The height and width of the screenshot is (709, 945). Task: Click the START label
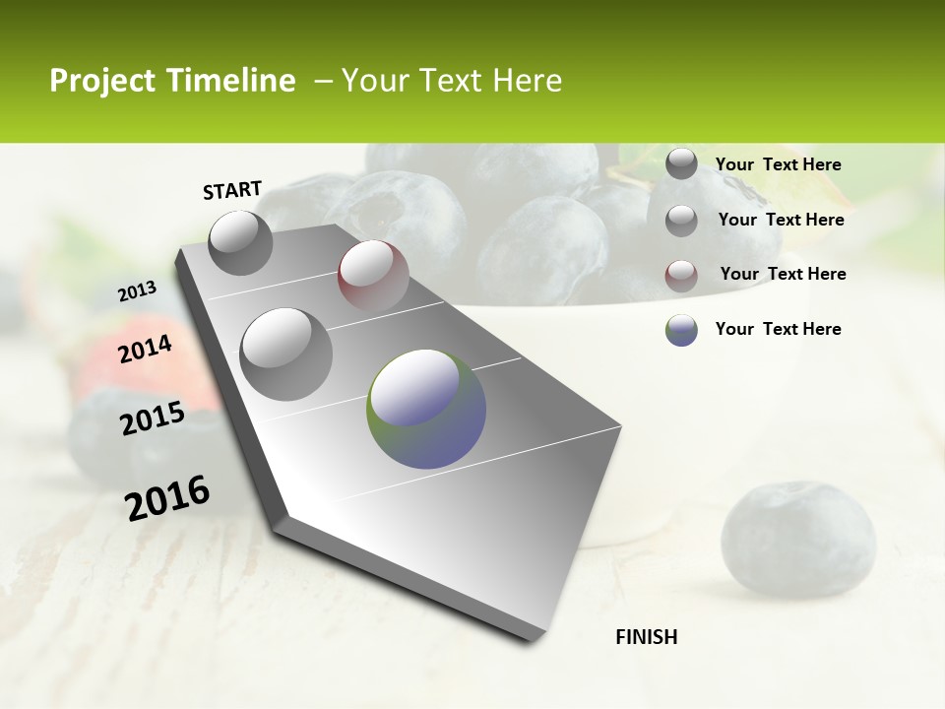click(232, 190)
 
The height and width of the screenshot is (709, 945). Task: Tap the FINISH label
click(647, 637)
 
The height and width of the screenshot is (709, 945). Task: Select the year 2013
click(138, 291)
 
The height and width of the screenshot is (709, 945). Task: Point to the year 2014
click(146, 350)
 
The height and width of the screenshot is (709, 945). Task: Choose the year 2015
click(153, 419)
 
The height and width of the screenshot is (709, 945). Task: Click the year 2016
click(167, 498)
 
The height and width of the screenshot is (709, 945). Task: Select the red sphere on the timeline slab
click(373, 275)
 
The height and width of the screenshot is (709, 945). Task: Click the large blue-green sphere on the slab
click(426, 409)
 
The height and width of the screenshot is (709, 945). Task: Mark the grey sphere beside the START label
click(241, 242)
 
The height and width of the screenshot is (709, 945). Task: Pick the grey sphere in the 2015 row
click(286, 354)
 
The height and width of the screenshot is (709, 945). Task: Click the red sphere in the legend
click(681, 276)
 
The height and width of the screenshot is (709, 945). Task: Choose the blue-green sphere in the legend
click(681, 330)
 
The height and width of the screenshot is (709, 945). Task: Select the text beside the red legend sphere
click(783, 274)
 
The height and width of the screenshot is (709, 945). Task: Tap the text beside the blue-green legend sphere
click(778, 329)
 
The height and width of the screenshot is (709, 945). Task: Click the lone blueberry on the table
click(797, 539)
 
